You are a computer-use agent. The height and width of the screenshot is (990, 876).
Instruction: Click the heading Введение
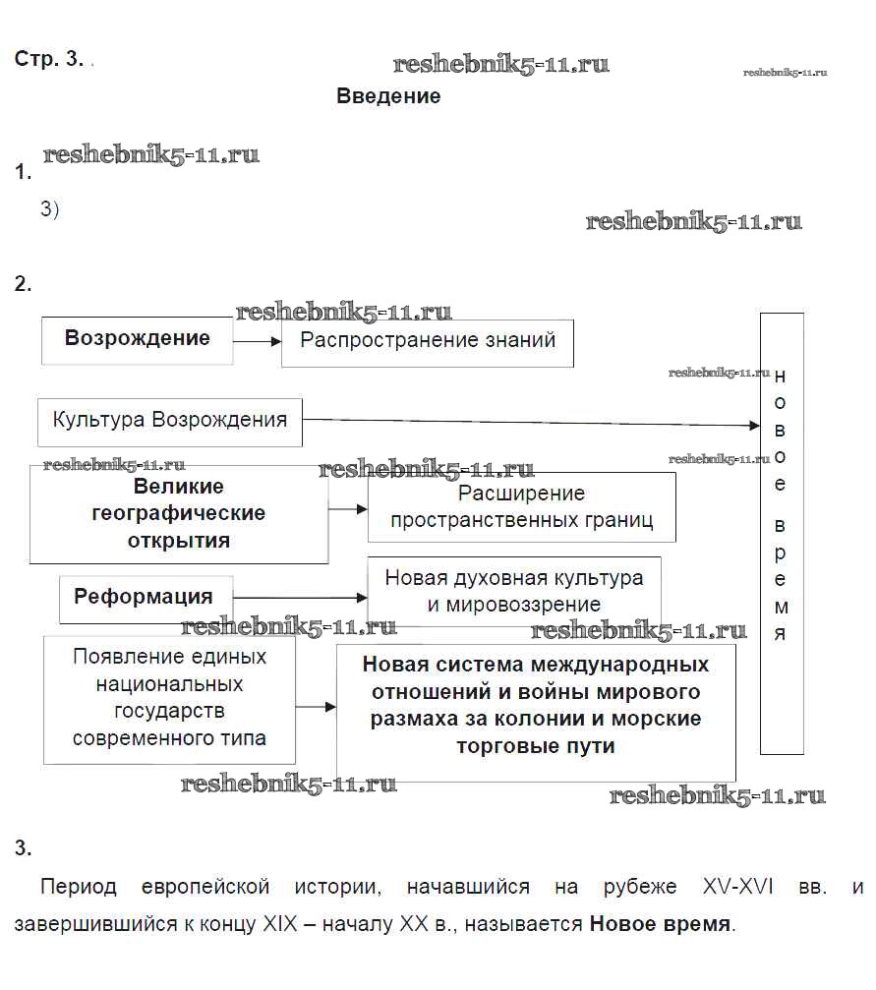pos(388,96)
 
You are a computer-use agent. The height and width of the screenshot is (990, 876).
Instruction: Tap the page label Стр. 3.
pos(49,58)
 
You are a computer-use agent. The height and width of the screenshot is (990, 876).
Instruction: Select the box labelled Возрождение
pos(137,339)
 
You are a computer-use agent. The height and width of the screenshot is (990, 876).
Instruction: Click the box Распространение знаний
pos(428,341)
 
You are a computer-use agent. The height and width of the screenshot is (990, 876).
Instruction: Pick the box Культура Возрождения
pos(169,420)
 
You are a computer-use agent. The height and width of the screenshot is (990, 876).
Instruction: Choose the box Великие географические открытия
pos(179,513)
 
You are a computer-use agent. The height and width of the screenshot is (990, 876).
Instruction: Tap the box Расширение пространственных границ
pos(521,506)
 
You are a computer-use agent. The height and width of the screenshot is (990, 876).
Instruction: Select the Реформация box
pos(145,597)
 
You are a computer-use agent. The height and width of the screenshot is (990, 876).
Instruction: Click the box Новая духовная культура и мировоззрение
pos(513,591)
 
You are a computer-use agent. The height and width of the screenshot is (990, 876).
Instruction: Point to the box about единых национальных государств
pos(169,697)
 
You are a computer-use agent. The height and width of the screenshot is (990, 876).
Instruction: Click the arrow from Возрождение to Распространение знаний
pos(258,341)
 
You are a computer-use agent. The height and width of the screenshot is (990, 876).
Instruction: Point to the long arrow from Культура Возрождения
pos(531,423)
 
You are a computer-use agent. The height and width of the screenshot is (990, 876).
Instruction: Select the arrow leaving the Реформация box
pos(300,597)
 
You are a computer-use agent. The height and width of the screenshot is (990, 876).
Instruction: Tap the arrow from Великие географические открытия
pos(348,508)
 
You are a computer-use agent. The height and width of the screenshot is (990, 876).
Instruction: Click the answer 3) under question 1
pos(50,208)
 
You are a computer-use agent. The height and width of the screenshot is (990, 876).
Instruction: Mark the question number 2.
pos(23,285)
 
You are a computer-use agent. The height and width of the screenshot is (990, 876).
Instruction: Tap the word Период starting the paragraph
pos(78,887)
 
